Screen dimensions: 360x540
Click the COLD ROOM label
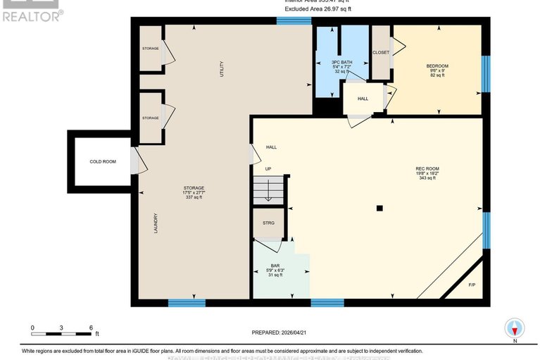pos(103,162)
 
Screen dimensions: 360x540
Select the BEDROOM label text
pos(437,66)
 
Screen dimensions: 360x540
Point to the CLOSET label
pos(381,52)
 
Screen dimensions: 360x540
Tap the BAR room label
pos(276,266)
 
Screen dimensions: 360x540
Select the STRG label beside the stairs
pos(268,223)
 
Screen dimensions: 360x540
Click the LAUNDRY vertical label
pos(156,224)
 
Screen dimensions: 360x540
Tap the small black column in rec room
pos(379,208)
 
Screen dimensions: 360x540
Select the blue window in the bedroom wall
pos(484,74)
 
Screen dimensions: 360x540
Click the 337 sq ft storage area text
pos(193,197)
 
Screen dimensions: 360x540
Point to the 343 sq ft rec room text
pos(427,178)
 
